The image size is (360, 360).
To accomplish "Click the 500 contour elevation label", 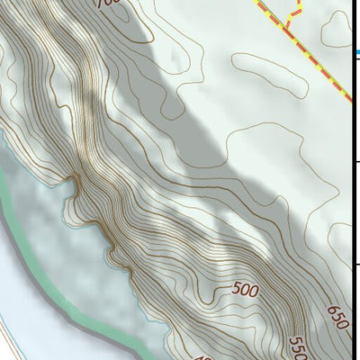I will pyautogui.click(x=245, y=289).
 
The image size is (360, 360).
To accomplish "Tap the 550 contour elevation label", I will pyautogui.click(x=298, y=348).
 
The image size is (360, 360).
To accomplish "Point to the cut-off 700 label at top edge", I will pyautogui.click(x=107, y=3).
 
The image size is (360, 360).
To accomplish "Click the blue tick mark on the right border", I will pyautogui.click(x=356, y=53).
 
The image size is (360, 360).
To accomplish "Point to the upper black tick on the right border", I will pyautogui.click(x=356, y=162).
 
